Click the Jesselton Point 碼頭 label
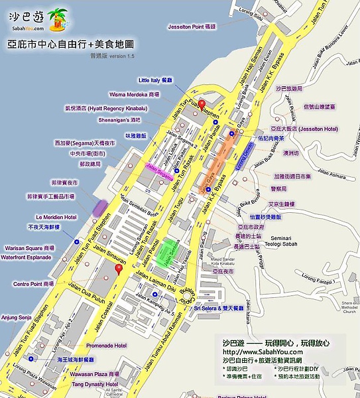pyautogui.click(x=192, y=26)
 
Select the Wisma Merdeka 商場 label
pyautogui.click(x=135, y=94)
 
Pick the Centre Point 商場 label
pyautogui.click(x=34, y=283)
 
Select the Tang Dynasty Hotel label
pyautogui.click(x=95, y=384)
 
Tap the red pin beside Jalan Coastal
pyautogui.click(x=119, y=268)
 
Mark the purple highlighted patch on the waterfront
pyautogui.click(x=101, y=207)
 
